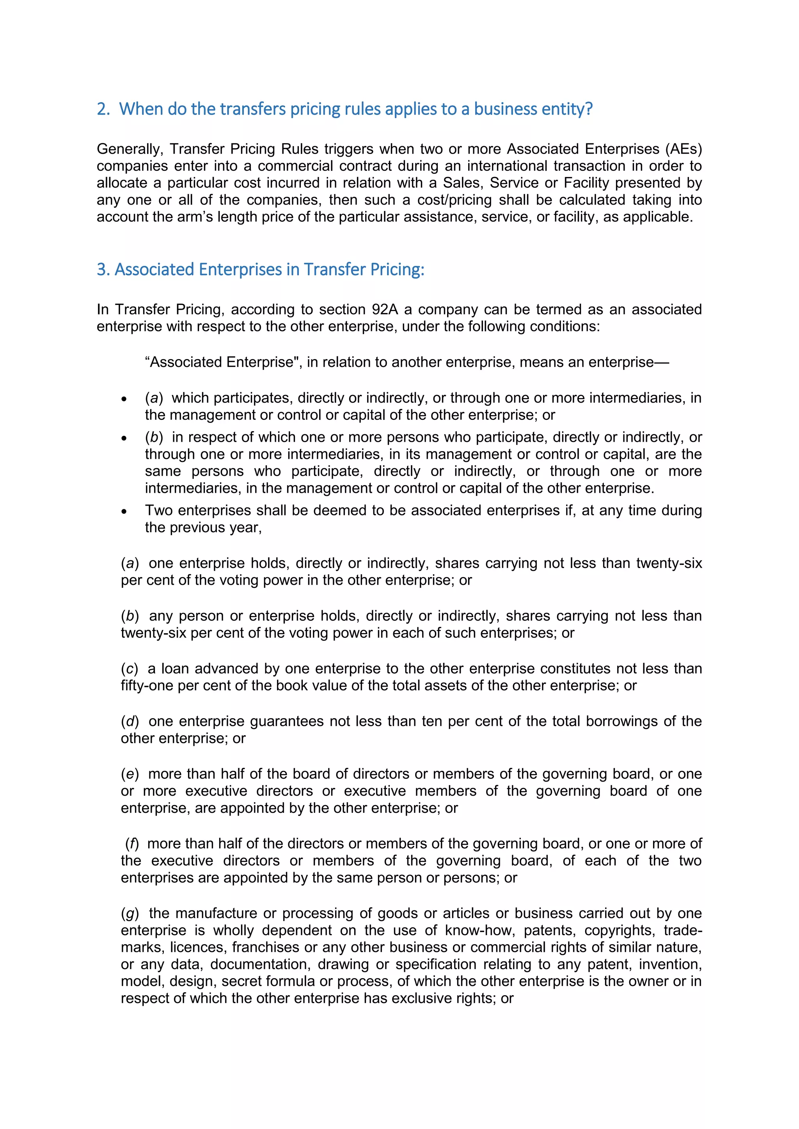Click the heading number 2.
pyautogui.click(x=103, y=109)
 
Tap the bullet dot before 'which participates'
pyautogui.click(x=124, y=399)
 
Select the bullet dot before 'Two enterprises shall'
pyautogui.click(x=124, y=511)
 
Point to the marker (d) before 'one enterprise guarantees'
pyautogui.click(x=130, y=721)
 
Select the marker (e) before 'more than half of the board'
pyautogui.click(x=130, y=774)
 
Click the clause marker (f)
pyautogui.click(x=132, y=844)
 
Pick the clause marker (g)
pyautogui.click(x=130, y=914)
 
